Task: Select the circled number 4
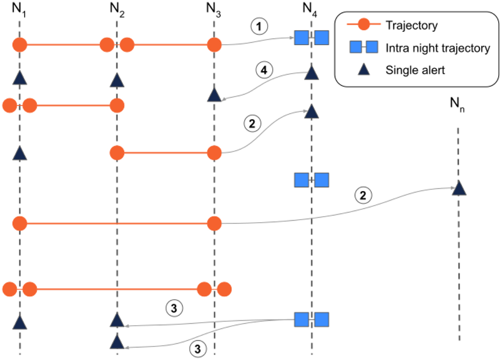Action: click(264, 71)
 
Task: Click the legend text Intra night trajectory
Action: click(438, 48)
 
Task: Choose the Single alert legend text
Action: click(415, 70)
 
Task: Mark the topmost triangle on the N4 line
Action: click(311, 73)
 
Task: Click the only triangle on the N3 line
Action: click(214, 95)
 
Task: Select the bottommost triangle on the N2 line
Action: click(117, 342)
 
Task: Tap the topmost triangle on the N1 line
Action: click(20, 77)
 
